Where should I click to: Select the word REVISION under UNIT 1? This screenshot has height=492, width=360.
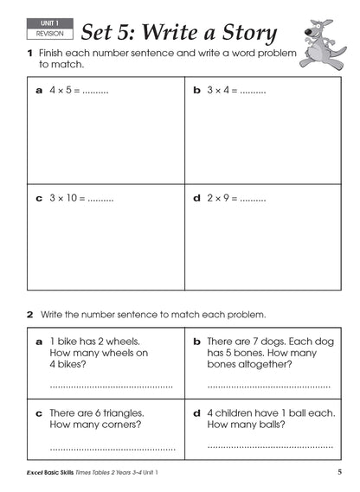pyautogui.click(x=44, y=35)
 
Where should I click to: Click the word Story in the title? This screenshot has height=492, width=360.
pyautogui.click(x=245, y=33)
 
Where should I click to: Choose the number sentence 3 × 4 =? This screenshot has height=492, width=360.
pyautogui.click(x=223, y=90)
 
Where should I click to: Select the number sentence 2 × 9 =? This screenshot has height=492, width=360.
pyautogui.click(x=223, y=198)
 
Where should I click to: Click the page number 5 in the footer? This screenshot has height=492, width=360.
pyautogui.click(x=340, y=471)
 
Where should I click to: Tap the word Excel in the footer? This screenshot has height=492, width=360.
pyautogui.click(x=36, y=472)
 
